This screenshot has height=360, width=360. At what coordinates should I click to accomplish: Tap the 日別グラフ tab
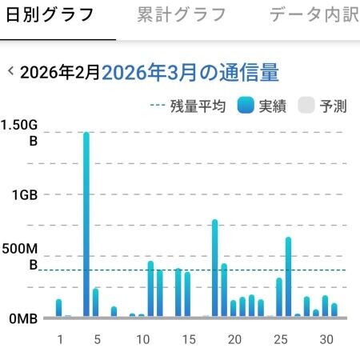coord(50,14)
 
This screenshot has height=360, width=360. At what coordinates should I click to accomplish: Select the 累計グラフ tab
coord(182,14)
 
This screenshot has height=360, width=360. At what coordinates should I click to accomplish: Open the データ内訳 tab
coord(314,14)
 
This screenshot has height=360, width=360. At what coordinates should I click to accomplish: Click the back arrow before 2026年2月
coord(10,71)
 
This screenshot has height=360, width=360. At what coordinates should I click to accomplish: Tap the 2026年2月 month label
coord(60,72)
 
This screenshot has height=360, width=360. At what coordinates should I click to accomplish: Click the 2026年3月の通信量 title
coord(190,72)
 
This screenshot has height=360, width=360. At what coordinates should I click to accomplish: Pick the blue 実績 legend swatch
coord(246,106)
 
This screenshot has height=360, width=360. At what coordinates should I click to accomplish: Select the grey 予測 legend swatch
coord(306,106)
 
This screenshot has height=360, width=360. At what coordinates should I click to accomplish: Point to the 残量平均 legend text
coord(198,106)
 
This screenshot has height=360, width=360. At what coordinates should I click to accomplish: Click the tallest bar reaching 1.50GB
coord(86,224)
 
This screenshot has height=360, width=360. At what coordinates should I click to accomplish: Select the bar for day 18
coord(215,268)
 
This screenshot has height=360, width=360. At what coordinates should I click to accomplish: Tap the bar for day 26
coord(288,277)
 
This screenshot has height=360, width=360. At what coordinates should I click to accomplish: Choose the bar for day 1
coord(58,308)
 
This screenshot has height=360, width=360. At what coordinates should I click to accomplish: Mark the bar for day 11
coord(150,289)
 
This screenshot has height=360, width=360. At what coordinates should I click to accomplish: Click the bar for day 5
coord(95,302)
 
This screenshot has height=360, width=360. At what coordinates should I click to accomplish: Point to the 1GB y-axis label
coord(25,195)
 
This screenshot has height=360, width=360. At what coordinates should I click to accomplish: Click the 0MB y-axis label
coord(23,318)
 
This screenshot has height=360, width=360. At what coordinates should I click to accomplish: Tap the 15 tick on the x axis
coord(189,339)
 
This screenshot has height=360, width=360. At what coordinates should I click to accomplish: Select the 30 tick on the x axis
coord(326,339)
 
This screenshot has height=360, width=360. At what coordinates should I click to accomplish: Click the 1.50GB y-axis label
coord(19,133)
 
